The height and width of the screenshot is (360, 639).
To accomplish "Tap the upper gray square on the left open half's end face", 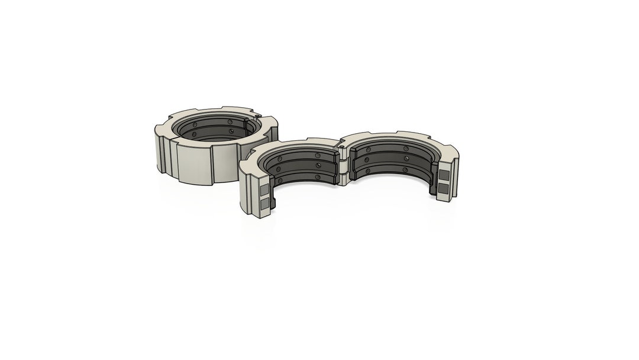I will pos(264,190).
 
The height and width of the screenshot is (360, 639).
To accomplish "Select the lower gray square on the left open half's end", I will pos(264,204).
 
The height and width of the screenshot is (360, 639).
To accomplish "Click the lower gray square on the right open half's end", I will pos(444,189).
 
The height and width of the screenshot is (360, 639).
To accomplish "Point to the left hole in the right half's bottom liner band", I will pos(368,172).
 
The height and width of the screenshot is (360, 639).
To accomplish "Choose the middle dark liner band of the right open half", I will pos(390,160).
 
